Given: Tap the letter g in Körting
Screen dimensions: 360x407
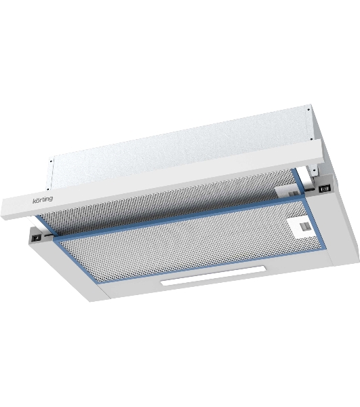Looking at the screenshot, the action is coord(51,199).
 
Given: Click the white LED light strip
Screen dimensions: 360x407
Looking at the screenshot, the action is coord(213,275).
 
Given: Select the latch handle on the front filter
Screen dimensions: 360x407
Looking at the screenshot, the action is coord(304,227).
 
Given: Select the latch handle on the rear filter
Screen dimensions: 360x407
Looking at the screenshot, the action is coord(291,193).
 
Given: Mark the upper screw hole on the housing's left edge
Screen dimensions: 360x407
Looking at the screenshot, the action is coord(51,161).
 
